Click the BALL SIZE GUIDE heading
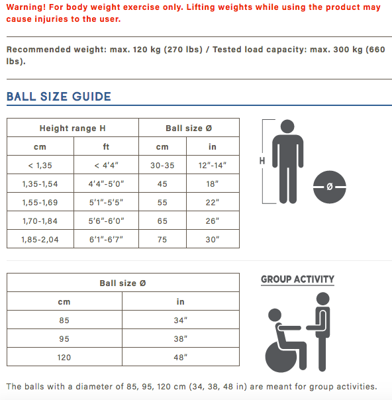(x=59, y=97)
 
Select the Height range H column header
(x=72, y=128)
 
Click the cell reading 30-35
(x=162, y=166)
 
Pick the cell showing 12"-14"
(x=212, y=166)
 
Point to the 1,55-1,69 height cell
(x=40, y=203)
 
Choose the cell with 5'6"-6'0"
(x=106, y=221)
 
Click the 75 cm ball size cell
(x=162, y=240)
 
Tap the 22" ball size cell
(x=212, y=203)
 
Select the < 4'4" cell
(x=106, y=166)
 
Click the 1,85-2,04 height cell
(x=40, y=240)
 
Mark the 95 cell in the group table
(x=64, y=338)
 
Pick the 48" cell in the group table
(x=180, y=357)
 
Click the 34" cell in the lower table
(x=180, y=320)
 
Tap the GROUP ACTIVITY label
(x=297, y=279)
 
